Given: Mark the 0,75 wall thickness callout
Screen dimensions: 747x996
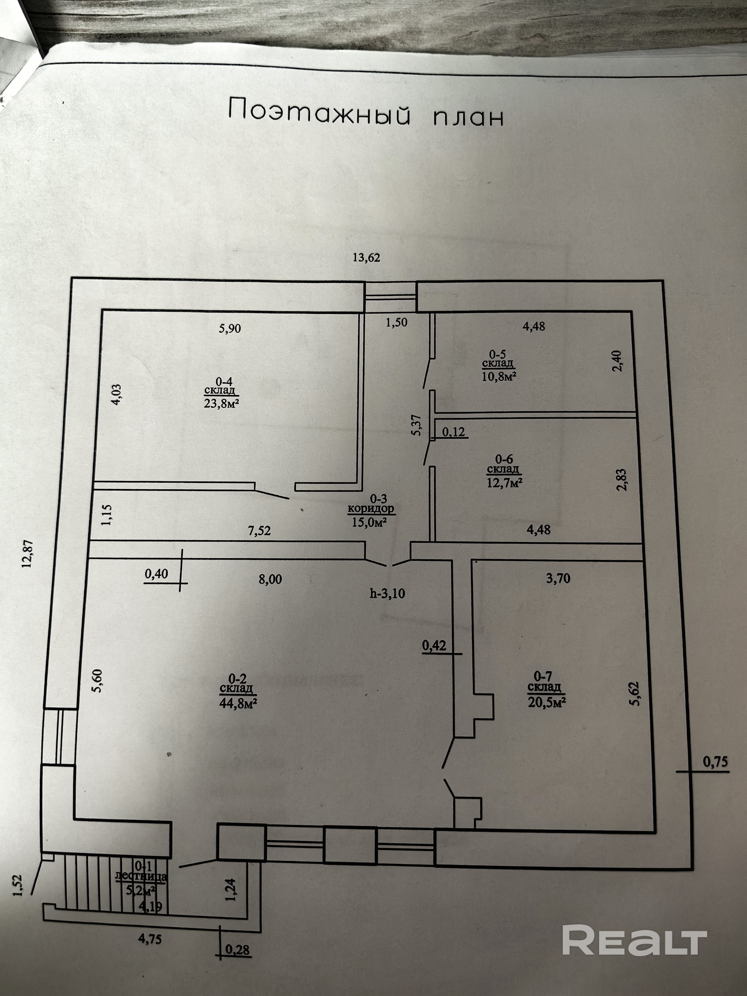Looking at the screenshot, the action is point(715,762).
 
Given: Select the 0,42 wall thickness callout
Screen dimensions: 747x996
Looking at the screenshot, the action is point(434,646).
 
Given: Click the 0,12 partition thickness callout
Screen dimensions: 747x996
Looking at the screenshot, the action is point(453,432).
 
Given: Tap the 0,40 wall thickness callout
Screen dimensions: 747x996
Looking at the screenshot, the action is point(156,574).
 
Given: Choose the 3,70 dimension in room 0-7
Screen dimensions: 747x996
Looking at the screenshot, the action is point(558,579).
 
